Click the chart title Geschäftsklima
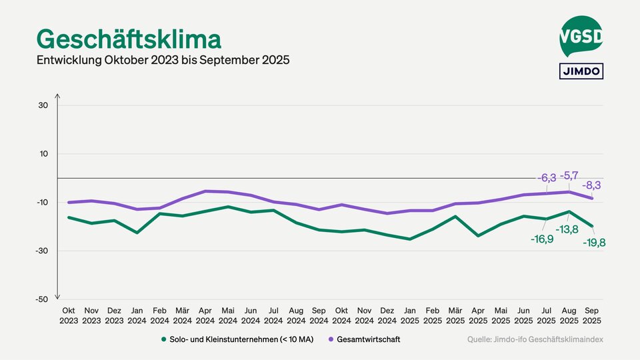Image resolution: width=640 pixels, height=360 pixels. pos(128,39)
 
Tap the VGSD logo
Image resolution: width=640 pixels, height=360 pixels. pos(581,36)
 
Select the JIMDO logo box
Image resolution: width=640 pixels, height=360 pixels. pos(581,71)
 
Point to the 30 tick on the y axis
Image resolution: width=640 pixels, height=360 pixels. pos(43,105)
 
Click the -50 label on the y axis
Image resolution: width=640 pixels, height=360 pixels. pos(42,299)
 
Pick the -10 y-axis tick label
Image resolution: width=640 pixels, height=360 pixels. pos(42,203)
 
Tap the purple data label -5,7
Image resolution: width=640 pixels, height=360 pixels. pos(569,176)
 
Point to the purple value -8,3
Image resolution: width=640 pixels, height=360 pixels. pos(591,185)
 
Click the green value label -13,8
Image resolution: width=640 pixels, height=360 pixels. pos(567,229)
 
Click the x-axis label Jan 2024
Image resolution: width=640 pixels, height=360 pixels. pos(137,315)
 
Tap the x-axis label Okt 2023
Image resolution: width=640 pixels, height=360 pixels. pos(69,315)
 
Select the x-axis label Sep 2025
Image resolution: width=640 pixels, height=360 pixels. pos(592,315)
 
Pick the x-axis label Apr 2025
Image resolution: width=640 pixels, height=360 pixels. pos(478,315)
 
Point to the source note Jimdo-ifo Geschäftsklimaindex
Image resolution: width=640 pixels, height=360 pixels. pos(535,339)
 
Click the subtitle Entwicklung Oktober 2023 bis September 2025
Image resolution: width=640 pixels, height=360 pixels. pos(163,60)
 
